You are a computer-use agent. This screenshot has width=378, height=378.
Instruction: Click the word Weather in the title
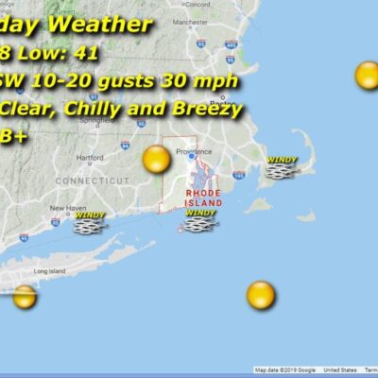(102, 24)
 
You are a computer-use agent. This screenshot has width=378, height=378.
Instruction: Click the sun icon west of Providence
(156, 160)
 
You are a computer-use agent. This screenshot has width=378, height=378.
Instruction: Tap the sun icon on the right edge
(368, 76)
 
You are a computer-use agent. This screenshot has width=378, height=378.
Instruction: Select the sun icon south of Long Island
(25, 297)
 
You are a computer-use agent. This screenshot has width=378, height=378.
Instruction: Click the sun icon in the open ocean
(260, 295)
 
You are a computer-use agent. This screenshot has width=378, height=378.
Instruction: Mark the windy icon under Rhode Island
(200, 220)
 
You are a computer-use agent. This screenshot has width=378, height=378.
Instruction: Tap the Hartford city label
(92, 158)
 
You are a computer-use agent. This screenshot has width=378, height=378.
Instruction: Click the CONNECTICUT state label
(92, 180)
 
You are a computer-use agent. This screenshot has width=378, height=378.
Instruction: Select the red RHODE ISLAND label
(203, 197)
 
